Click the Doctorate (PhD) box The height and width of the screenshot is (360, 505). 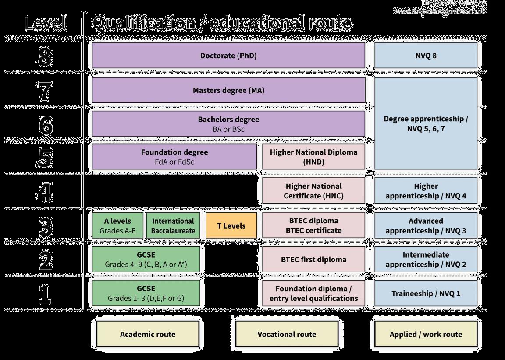228,56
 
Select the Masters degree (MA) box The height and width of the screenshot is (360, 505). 228,90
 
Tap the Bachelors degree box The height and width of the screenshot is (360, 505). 228,124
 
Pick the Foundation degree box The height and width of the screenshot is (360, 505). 174,157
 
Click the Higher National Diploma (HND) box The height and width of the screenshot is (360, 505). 313,157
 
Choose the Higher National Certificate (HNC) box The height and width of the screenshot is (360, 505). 313,191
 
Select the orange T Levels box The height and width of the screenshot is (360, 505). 231,226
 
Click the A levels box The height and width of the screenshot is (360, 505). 117,226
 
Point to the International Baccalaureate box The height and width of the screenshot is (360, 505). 173,226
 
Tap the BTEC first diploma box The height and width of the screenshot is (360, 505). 313,259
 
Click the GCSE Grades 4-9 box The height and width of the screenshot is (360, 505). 146,259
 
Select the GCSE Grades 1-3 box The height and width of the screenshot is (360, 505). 146,293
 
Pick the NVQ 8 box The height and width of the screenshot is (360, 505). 426,56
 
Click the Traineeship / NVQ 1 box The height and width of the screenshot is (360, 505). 426,293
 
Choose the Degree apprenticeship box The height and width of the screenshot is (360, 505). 426,124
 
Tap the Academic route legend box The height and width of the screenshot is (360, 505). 148,334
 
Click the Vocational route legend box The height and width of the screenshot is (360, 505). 287,334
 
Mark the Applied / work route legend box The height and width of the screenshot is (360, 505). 426,334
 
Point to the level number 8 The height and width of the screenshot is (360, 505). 45,57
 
